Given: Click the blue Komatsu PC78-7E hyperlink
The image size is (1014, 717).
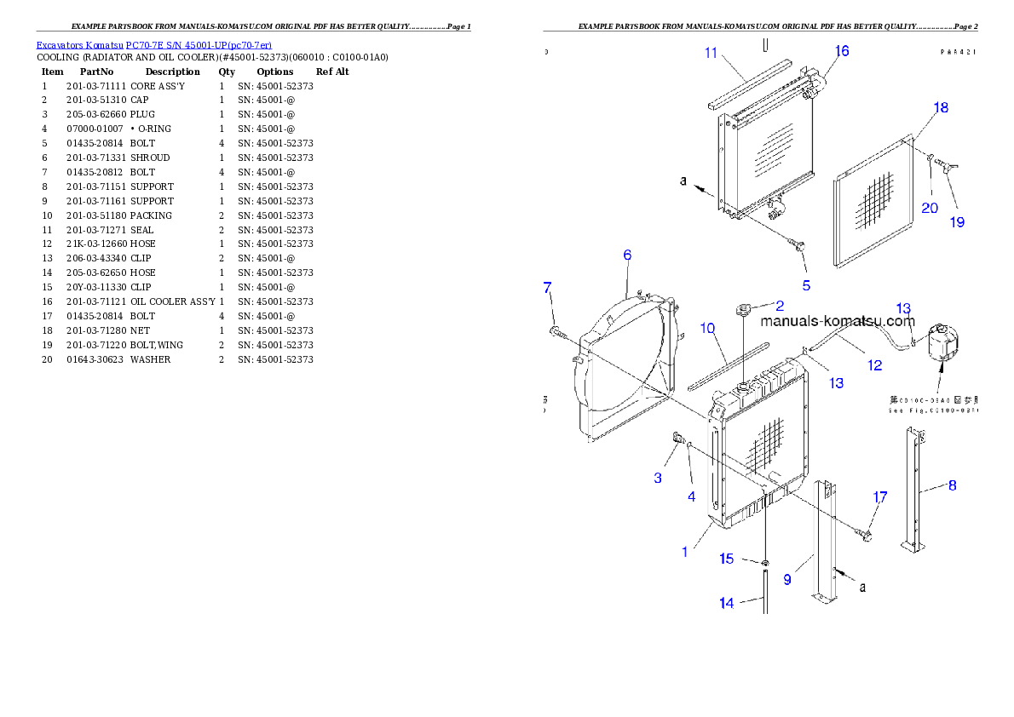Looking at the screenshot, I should click(x=153, y=45).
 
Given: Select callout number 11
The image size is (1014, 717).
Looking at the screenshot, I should click(x=712, y=53).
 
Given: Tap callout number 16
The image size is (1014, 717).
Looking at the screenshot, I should click(x=842, y=51).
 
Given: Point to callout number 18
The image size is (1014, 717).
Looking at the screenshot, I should click(x=941, y=108).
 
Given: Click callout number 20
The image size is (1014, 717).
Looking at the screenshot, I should click(x=929, y=208).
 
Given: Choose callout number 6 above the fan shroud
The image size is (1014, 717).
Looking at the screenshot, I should click(x=627, y=255).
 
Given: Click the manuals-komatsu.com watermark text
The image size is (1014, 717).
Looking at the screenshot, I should click(x=837, y=321).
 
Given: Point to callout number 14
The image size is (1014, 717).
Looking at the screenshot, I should click(x=726, y=603).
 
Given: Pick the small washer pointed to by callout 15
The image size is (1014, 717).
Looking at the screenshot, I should click(x=765, y=564).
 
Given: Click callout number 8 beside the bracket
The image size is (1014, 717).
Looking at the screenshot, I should click(x=952, y=485).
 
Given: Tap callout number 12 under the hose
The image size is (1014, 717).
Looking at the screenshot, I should click(x=874, y=365).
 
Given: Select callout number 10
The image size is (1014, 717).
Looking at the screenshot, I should click(x=707, y=329).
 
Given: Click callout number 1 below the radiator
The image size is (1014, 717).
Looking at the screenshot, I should click(x=684, y=552).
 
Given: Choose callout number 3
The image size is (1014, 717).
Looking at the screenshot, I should click(x=658, y=478).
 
